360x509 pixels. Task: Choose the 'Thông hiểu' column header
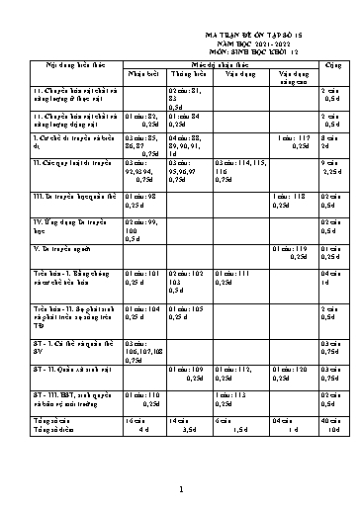(185, 74)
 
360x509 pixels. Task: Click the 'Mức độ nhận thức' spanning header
(209, 63)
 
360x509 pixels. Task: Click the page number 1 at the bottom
(179, 488)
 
